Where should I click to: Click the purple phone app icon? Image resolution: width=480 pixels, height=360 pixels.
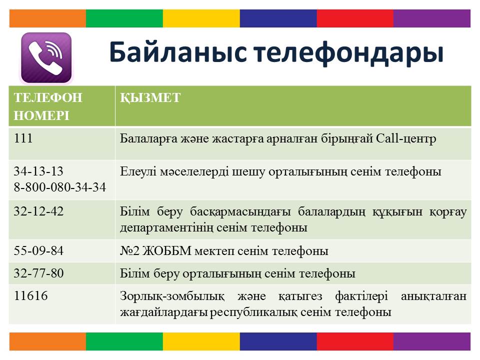pyautogui.click(x=46, y=58)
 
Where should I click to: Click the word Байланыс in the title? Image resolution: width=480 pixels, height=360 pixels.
pyautogui.click(x=178, y=51)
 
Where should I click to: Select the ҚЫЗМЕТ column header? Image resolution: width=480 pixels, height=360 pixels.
pyautogui.click(x=150, y=97)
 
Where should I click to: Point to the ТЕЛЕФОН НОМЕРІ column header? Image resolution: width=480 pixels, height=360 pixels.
pyautogui.click(x=48, y=106)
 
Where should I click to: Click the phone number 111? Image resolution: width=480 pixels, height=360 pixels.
pyautogui.click(x=23, y=138)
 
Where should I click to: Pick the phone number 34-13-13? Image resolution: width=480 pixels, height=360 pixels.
pyautogui.click(x=38, y=171)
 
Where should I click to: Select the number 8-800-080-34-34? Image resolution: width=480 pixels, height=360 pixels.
pyautogui.click(x=60, y=187)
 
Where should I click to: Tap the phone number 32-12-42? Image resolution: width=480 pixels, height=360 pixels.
pyautogui.click(x=38, y=211)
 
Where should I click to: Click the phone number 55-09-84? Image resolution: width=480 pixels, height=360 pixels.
pyautogui.click(x=38, y=250)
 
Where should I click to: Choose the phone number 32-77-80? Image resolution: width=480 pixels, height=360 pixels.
pyautogui.click(x=38, y=273)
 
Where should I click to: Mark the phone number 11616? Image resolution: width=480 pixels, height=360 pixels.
pyautogui.click(x=31, y=295)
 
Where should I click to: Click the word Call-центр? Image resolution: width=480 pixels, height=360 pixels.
pyautogui.click(x=406, y=138)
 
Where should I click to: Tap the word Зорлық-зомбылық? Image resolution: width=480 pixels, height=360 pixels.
pyautogui.click(x=172, y=296)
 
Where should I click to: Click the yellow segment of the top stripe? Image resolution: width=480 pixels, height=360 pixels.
pyautogui.click(x=201, y=18)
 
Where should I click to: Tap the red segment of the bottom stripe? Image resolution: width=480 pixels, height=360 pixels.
pyautogui.click(x=355, y=341)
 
